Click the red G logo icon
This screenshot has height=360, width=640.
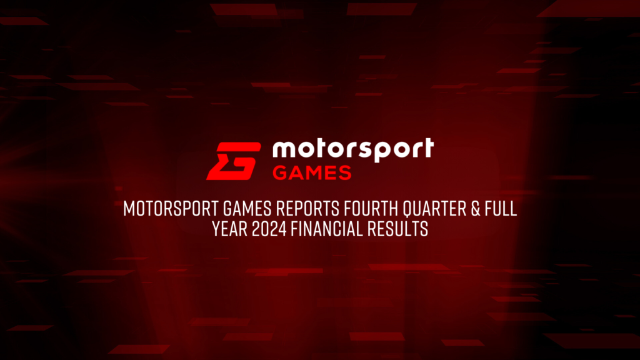point(234,161)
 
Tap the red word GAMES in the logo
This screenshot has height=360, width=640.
point(312,172)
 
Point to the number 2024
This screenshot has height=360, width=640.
point(271,229)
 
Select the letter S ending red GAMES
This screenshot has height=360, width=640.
point(344,172)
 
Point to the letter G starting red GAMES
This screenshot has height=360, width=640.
point(279,172)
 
